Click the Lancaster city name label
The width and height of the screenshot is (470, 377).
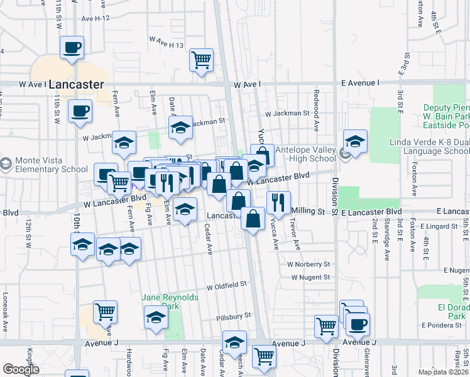click(x=75, y=84)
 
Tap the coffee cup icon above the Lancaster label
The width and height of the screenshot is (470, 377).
click(x=72, y=47)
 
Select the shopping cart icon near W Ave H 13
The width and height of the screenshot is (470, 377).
click(x=202, y=60)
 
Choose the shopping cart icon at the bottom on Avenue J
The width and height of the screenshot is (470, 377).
click(x=264, y=356)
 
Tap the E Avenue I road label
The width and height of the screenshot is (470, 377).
click(x=361, y=83)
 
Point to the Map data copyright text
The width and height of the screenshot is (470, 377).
click(x=442, y=372)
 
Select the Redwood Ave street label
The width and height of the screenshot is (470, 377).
click(x=315, y=101)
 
